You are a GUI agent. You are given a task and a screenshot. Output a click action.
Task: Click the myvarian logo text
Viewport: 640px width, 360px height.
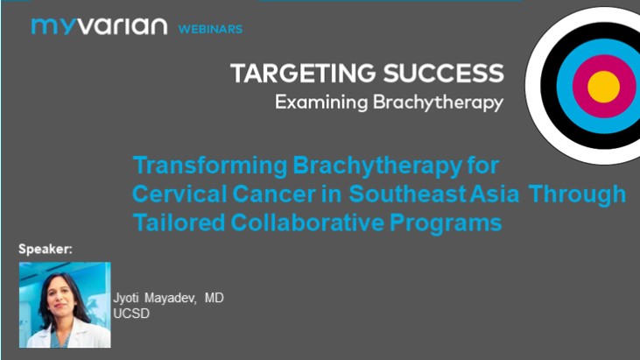tap(98, 26)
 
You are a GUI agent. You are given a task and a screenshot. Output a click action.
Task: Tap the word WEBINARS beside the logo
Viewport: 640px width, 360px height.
tap(210, 29)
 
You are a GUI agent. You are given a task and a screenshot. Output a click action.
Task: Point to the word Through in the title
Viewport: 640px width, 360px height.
tap(582, 194)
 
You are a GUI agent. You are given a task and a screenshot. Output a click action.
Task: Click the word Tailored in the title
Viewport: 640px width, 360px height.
tap(170, 222)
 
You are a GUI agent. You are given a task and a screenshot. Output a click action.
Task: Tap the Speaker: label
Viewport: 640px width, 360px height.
tap(46, 250)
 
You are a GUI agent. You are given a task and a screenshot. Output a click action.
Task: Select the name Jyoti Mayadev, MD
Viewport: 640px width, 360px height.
tap(168, 299)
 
